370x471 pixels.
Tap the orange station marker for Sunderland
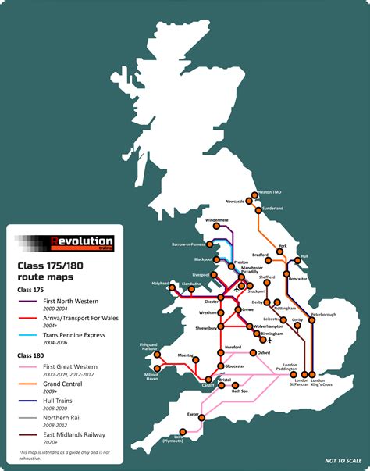260,209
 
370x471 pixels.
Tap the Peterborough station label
322,315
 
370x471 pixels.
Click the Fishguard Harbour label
148,346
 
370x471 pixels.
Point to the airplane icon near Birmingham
269,341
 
